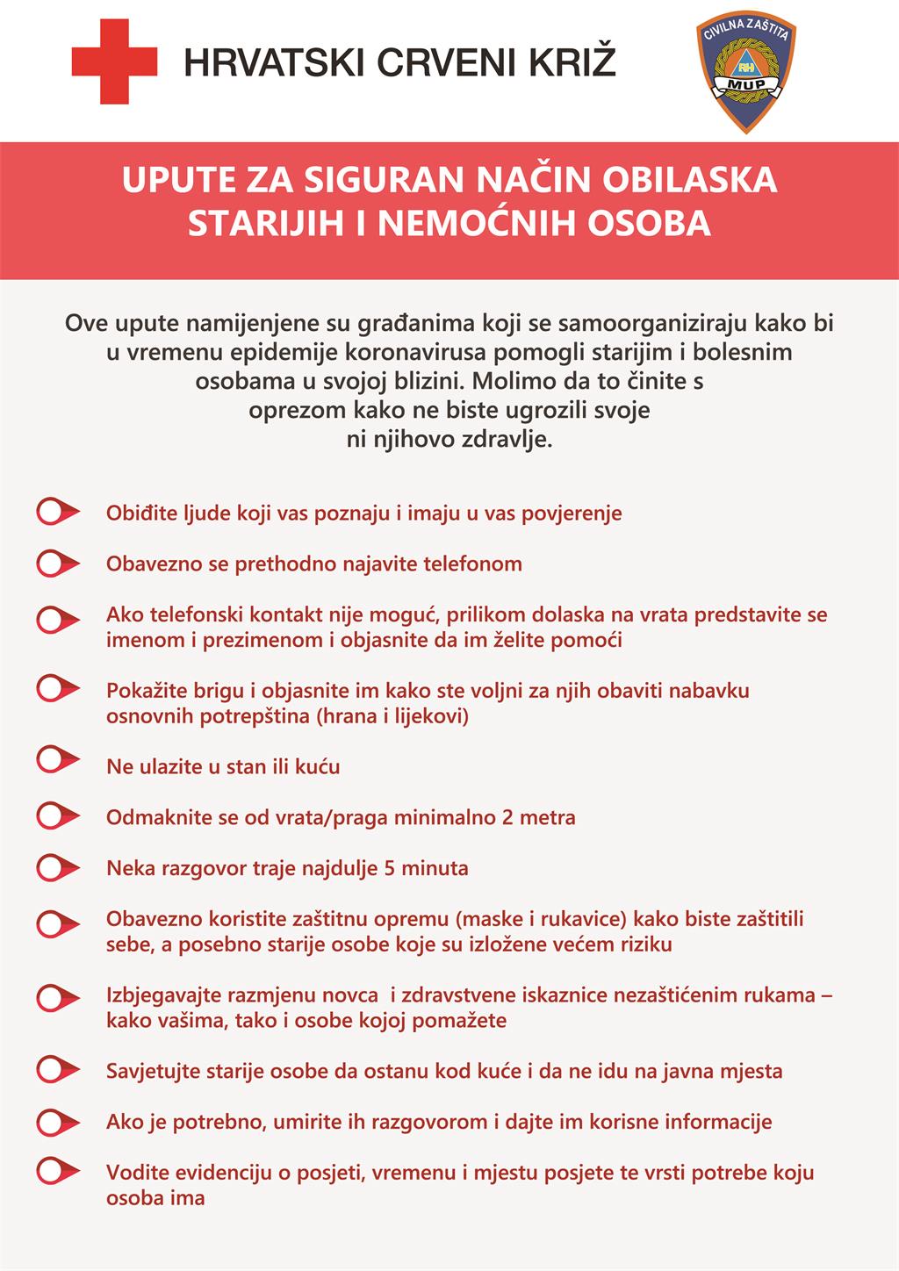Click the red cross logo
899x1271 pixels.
[x=114, y=61]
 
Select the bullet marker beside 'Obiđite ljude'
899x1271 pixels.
[x=55, y=512]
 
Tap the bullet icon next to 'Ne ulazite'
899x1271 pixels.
[x=55, y=758]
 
